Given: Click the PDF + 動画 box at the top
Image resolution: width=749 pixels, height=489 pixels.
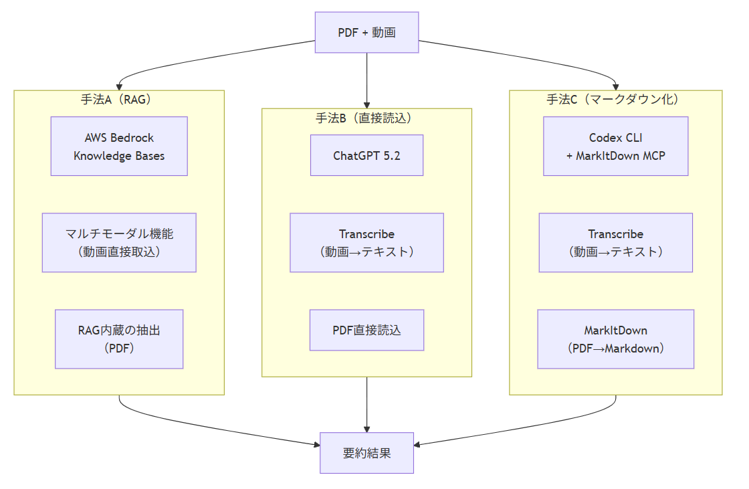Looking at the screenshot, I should pyautogui.click(x=366, y=32).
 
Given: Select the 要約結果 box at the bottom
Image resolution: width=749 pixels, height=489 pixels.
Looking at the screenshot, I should pyautogui.click(x=366, y=453).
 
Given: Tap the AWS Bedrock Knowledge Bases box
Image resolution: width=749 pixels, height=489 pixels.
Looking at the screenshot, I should pyautogui.click(x=119, y=146).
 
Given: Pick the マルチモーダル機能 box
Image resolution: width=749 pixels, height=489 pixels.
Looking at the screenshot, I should pyautogui.click(x=119, y=243).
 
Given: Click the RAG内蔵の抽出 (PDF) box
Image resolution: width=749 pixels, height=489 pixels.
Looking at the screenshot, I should pyautogui.click(x=119, y=339).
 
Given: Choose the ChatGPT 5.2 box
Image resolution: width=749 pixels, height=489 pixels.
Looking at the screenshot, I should pyautogui.click(x=366, y=156).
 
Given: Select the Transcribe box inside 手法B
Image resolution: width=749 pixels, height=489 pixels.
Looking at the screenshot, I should pyautogui.click(x=366, y=243).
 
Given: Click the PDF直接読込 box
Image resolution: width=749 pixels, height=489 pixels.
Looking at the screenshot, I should pyautogui.click(x=366, y=330).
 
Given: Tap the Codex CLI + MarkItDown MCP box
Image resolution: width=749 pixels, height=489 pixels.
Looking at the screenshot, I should pyautogui.click(x=615, y=146).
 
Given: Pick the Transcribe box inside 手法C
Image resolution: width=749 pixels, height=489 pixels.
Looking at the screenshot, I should pyautogui.click(x=615, y=243).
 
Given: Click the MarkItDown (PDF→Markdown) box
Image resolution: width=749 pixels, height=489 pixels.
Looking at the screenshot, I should pyautogui.click(x=615, y=339).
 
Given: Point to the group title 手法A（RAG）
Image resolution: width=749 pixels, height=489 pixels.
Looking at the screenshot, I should pyautogui.click(x=119, y=100).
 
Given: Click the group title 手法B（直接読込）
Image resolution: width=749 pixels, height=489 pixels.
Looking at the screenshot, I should pyautogui.click(x=366, y=118).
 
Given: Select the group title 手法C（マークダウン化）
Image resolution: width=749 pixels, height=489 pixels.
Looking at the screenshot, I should pyautogui.click(x=615, y=100).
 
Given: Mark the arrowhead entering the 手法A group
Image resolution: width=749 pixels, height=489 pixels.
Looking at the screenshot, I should pyautogui.click(x=119, y=87).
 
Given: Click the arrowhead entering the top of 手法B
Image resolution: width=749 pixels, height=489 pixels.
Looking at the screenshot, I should pyautogui.click(x=366, y=105).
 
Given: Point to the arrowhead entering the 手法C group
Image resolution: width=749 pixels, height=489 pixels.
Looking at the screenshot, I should pyautogui.click(x=615, y=87).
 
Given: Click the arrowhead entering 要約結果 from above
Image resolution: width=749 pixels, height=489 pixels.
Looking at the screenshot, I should pyautogui.click(x=366, y=429).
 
